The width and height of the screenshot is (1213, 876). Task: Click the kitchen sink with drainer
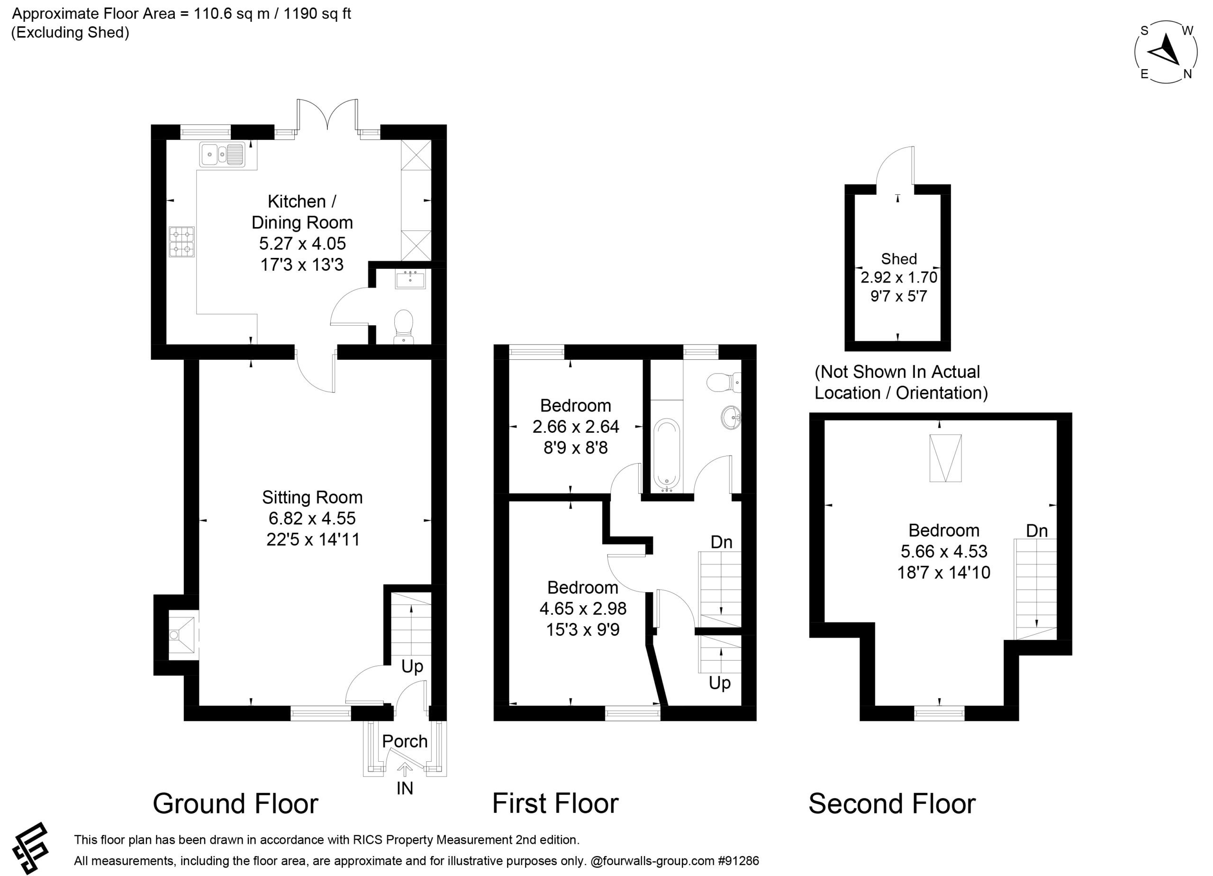222,154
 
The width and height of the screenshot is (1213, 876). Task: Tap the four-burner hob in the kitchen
182,242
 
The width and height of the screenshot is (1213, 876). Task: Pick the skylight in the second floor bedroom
946,458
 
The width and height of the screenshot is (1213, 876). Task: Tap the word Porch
405,741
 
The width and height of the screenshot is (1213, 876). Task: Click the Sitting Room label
312,497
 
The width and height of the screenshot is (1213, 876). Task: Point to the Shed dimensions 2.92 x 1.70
898,277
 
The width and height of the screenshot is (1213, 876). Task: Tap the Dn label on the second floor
1037,530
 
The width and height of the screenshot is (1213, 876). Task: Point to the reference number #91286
738,860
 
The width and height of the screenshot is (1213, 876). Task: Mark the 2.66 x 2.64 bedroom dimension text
576,427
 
